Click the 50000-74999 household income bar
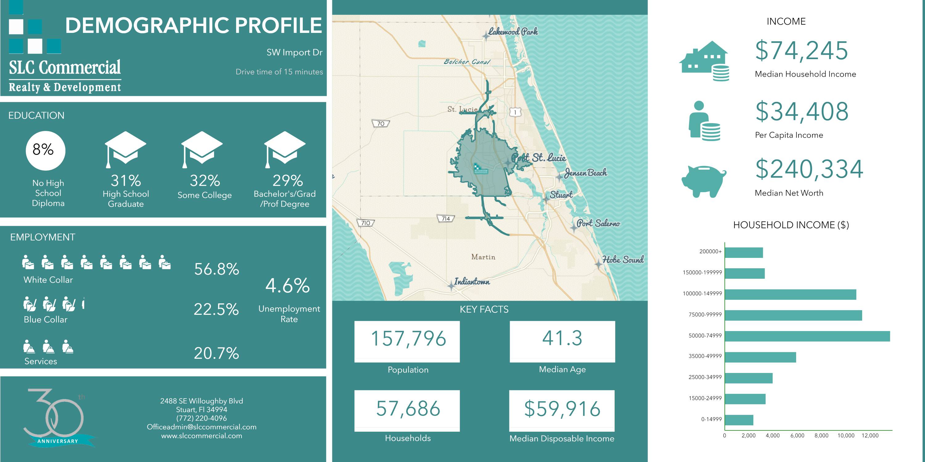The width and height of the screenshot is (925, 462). pos(807,336)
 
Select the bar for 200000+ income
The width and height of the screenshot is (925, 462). pos(744,253)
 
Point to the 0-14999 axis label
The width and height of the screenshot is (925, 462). pos(711,419)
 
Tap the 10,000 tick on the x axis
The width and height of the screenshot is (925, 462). pos(846,436)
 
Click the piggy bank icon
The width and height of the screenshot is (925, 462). pos(703,181)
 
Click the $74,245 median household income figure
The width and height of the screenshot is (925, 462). pos(801,51)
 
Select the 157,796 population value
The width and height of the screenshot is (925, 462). pos(408,338)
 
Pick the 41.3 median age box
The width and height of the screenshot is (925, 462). pos(562,338)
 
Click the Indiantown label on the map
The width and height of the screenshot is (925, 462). pos(471,282)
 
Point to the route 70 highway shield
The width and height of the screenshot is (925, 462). pos(380,124)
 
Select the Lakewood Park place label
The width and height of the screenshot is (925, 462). pos(513,32)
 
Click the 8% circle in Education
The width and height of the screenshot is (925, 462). pos(45,150)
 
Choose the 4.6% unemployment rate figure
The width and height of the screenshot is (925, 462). pos(287,286)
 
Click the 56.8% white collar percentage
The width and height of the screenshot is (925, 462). pos(216,269)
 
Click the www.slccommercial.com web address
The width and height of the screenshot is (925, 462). pos(201,436)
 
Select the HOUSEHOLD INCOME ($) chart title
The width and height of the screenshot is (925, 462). pos(791,225)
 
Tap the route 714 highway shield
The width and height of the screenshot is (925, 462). pos(446,218)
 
